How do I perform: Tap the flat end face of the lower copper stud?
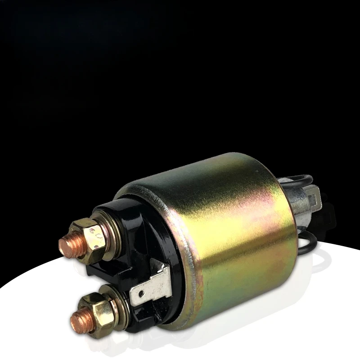pos(78,319)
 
